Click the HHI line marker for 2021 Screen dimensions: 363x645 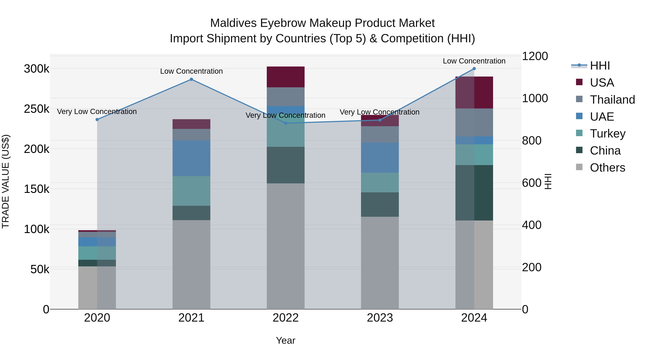click(x=191, y=79)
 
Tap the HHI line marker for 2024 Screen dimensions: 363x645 click(x=474, y=69)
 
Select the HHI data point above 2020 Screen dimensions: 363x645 click(x=97, y=120)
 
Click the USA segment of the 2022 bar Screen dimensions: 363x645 click(x=285, y=77)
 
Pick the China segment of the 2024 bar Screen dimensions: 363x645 click(x=474, y=193)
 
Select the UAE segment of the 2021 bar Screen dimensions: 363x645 click(x=191, y=158)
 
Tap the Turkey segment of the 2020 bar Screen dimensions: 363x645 click(x=97, y=253)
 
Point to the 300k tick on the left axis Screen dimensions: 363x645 click(x=37, y=69)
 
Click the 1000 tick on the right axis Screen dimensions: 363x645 click(x=535, y=98)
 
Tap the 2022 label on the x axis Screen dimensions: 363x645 click(x=285, y=318)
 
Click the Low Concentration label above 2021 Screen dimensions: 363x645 click(x=191, y=71)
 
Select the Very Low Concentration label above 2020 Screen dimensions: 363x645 click(x=97, y=111)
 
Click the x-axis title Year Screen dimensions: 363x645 click(x=285, y=340)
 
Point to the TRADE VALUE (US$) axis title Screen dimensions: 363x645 click(x=6, y=181)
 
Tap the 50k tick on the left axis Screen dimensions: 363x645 click(x=40, y=269)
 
